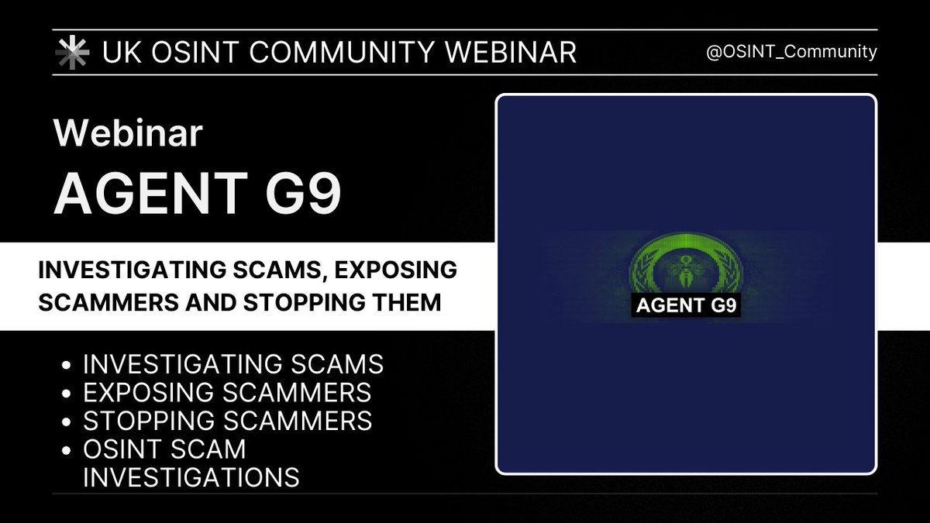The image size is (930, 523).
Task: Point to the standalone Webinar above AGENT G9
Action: coord(128,135)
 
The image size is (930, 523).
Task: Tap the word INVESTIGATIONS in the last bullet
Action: coord(191,477)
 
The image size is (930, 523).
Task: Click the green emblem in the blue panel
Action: coord(686,267)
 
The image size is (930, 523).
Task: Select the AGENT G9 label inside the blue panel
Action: coord(687,305)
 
